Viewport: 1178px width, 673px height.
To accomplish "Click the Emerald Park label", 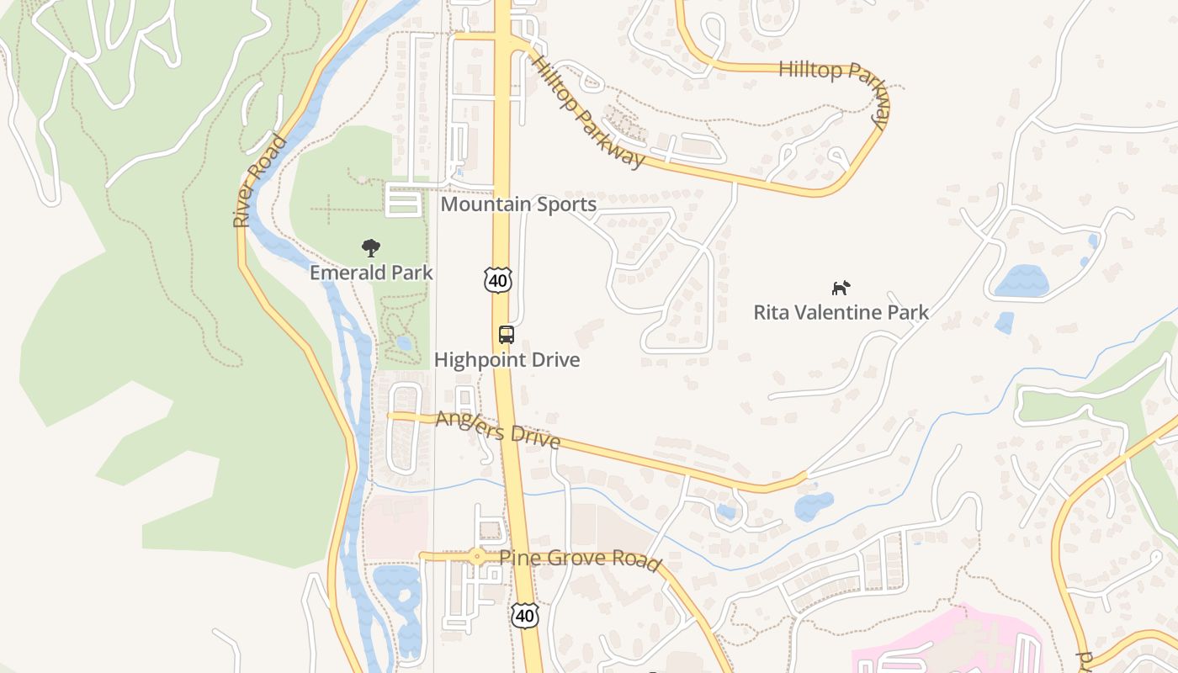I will point(371,273).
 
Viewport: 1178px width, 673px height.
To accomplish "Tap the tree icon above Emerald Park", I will point(370,247).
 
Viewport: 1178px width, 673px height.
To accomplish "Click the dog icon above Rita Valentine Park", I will point(841,289).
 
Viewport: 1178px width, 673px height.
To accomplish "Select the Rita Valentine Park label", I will point(841,313).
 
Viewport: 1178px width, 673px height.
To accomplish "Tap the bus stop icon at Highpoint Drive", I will point(506,335).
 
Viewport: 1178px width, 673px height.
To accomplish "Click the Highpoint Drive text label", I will point(507,360).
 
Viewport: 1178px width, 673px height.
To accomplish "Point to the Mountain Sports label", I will point(518,204).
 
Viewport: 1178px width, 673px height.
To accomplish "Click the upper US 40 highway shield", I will point(497,280).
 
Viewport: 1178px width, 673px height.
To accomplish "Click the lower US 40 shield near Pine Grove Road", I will point(524,615).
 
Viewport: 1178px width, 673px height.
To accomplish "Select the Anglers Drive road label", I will point(497,429).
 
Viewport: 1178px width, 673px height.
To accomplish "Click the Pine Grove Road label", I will point(580,559).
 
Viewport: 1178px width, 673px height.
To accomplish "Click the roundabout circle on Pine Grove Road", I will point(477,556).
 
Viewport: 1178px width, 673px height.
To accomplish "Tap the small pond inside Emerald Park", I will point(404,342).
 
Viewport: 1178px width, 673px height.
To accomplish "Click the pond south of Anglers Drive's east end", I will point(813,506).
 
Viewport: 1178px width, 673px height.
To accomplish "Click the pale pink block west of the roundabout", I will point(395,526).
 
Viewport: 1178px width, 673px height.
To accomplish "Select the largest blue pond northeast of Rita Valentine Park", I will point(1021,281).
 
